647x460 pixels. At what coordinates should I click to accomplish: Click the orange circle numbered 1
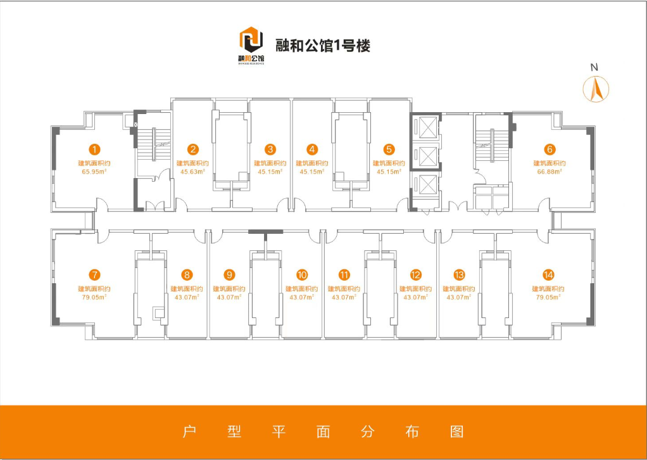[94, 150]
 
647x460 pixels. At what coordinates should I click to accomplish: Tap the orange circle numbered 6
[550, 150]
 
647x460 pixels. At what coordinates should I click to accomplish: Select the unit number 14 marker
[548, 275]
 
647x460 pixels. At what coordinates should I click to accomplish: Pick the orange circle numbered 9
[230, 275]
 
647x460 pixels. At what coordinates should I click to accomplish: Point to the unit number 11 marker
[344, 275]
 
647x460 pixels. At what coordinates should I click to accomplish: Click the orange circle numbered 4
[311, 150]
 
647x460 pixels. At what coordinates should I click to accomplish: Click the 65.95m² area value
[94, 172]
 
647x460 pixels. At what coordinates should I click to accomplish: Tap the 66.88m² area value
[550, 172]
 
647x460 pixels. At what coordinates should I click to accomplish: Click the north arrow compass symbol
[595, 88]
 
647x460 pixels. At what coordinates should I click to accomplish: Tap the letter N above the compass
[594, 67]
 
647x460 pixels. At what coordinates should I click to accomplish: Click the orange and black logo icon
[251, 44]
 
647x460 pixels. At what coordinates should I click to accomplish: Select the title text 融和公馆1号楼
[323, 46]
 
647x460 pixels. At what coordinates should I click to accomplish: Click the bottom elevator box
[424, 185]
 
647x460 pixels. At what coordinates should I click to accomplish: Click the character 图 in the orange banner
[457, 431]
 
